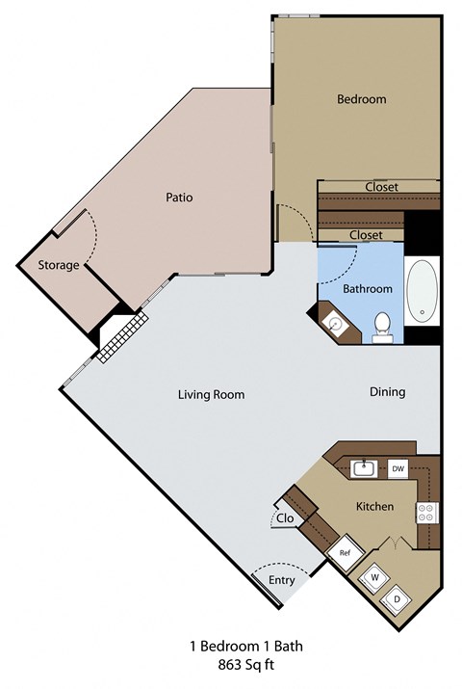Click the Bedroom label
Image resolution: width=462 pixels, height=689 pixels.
coord(361,99)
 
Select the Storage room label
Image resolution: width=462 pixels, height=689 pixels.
coord(58,265)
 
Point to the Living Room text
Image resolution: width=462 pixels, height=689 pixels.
coord(211,394)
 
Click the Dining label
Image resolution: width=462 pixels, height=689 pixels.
coord(388,392)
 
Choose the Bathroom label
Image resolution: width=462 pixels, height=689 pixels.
coord(368,288)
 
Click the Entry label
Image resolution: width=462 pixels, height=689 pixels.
coord(281,579)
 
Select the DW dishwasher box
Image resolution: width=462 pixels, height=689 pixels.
coord(398,469)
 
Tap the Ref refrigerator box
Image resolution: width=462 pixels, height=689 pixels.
coord(343,553)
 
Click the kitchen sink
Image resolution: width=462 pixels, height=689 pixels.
coord(365,469)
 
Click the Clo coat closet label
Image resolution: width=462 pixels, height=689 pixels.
coord(284,517)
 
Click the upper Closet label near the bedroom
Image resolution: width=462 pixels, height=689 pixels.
coord(381,187)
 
